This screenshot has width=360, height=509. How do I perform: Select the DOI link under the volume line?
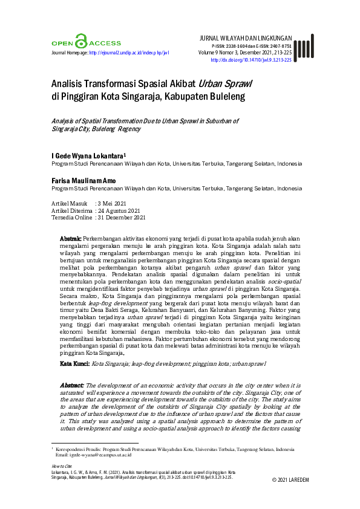[251, 60]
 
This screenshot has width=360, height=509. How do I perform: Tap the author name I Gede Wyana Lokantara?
[88, 156]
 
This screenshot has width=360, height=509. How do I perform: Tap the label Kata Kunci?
[74, 364]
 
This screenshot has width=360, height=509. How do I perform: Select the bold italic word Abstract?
[73, 385]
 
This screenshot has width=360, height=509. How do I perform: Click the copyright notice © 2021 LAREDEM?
[290, 479]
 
